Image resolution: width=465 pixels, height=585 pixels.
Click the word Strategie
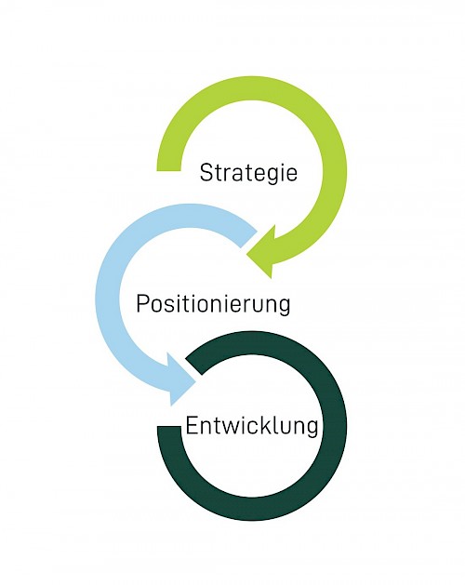coord(248,174)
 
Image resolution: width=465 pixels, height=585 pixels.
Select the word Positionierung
coord(213,304)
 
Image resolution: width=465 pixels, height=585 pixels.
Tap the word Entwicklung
coord(252,426)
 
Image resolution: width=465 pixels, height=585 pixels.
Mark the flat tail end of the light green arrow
coord(168,171)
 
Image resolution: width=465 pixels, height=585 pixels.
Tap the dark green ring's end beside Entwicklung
coord(169,427)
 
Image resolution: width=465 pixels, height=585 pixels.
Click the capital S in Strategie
coord(206,172)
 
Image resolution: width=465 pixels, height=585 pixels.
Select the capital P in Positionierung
coord(143,303)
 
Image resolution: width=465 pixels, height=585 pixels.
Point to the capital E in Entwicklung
coord(192,426)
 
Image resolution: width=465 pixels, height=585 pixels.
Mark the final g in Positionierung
coord(284,308)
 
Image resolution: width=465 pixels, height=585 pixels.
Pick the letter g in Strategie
coord(271,177)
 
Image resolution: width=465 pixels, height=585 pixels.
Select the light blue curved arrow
coord(108,299)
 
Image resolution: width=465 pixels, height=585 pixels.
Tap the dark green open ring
coord(335,426)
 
